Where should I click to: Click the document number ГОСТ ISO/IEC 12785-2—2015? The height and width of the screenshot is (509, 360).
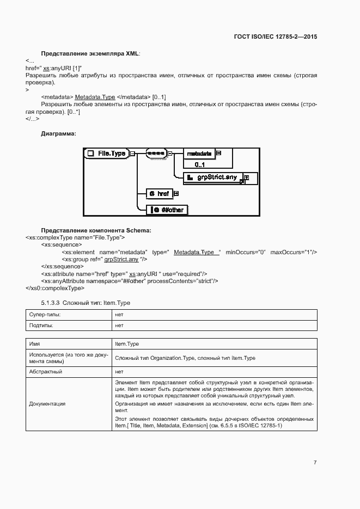(275, 37)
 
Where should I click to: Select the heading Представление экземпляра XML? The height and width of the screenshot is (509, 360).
(90, 54)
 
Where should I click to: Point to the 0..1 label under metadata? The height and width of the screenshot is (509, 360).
(200, 164)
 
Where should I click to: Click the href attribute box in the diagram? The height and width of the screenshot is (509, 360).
(160, 193)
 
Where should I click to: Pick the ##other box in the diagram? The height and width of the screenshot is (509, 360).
(169, 210)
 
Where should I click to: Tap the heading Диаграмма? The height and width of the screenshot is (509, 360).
(59, 133)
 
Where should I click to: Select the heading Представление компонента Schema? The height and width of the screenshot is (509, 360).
(96, 230)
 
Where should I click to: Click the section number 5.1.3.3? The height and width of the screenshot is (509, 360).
(51, 303)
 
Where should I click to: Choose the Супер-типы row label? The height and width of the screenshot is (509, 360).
(45, 315)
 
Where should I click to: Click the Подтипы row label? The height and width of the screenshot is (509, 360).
(42, 326)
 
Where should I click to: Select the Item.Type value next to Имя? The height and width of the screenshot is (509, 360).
(127, 344)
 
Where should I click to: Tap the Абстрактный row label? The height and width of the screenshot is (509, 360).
(46, 372)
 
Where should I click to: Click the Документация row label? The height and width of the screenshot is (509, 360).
(47, 404)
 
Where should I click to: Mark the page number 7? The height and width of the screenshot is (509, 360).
(315, 462)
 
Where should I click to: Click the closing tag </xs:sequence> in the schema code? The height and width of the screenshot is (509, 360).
(62, 266)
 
